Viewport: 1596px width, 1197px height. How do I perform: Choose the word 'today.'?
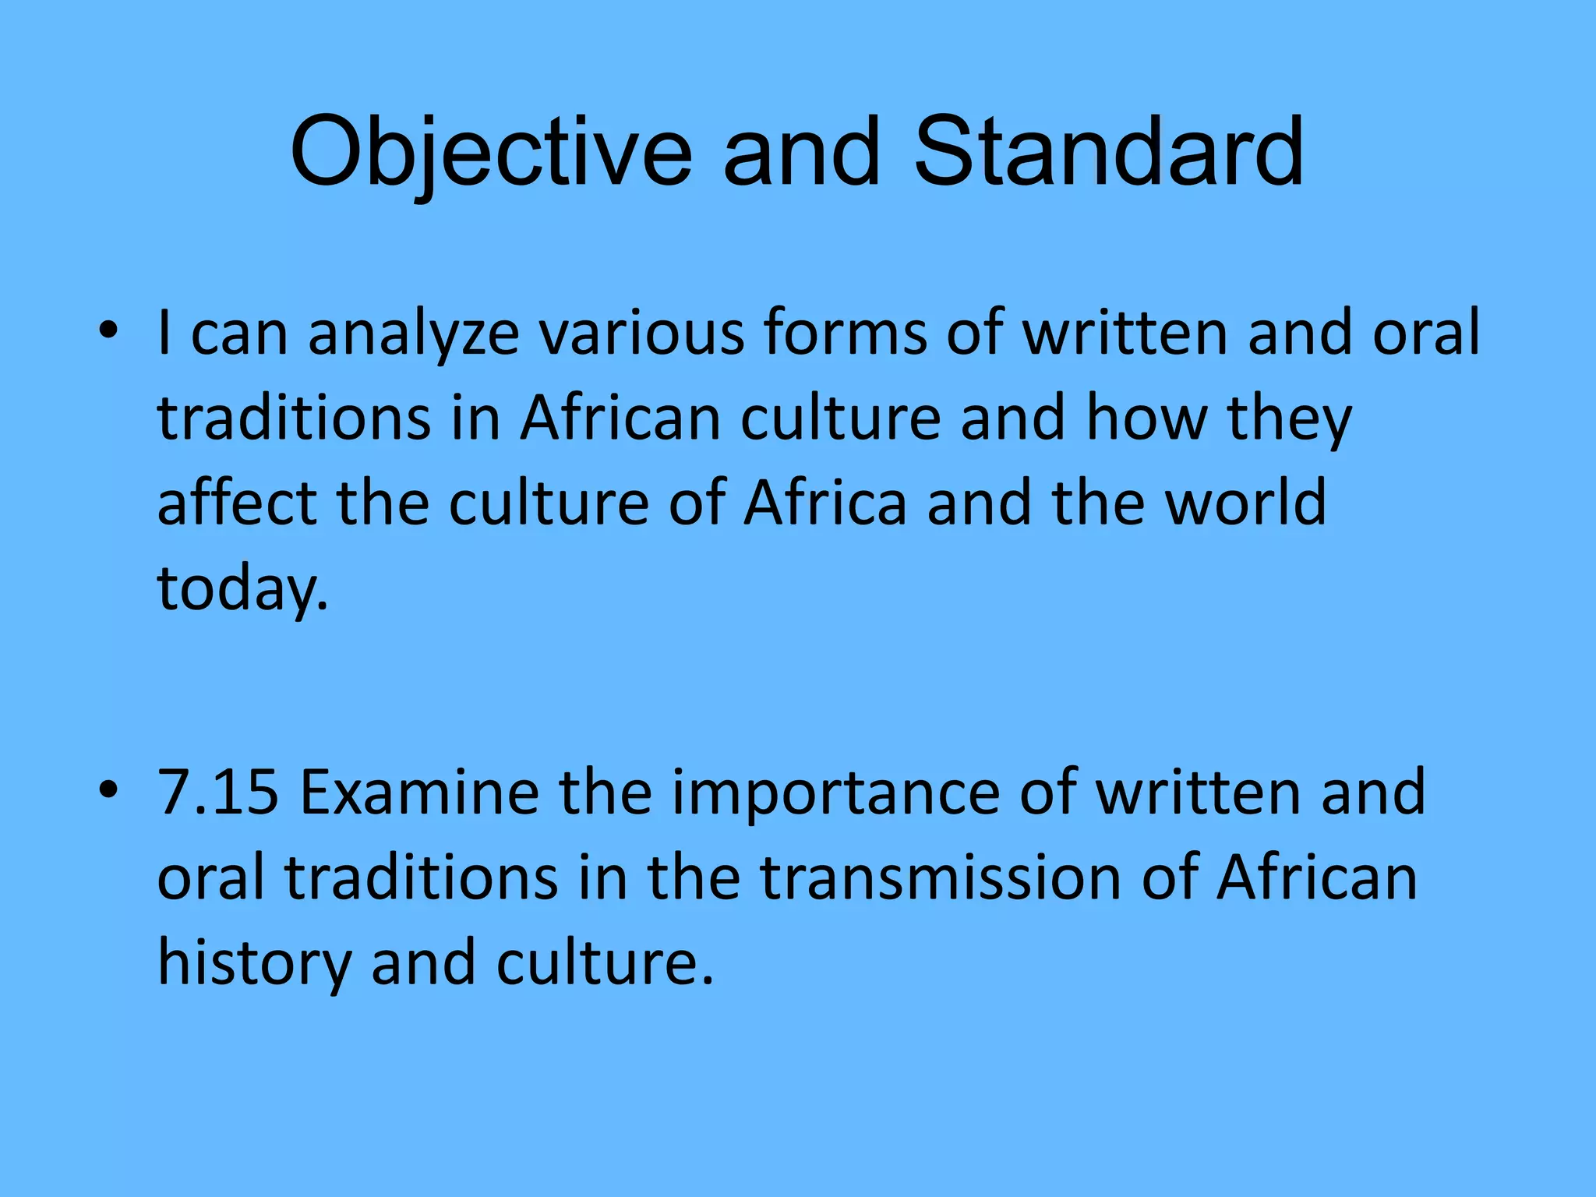pyautogui.click(x=243, y=589)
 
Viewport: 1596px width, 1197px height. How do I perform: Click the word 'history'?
pyautogui.click(x=255, y=963)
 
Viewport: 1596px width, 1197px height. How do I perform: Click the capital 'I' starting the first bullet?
pyautogui.click(x=164, y=333)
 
